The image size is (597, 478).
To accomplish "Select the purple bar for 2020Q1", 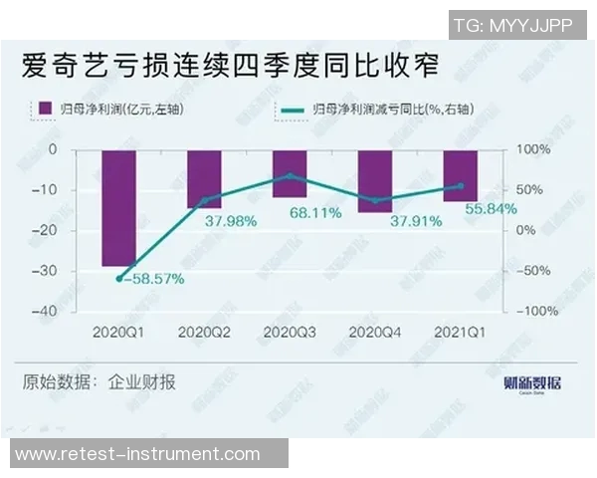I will [x=119, y=207].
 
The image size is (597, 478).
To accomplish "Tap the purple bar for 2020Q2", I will [x=205, y=178].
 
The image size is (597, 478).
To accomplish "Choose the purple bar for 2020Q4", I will [x=375, y=180].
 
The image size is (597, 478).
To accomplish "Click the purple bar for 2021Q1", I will [x=460, y=175].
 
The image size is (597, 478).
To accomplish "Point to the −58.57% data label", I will [x=155, y=280].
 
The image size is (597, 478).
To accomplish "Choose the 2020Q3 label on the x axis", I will [x=290, y=332].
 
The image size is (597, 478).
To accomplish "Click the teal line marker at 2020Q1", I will [x=119, y=279].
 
